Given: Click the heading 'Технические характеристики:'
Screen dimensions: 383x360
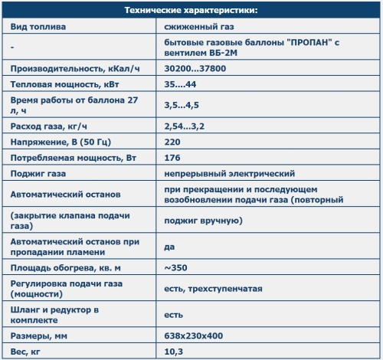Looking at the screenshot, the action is (x=191, y=10).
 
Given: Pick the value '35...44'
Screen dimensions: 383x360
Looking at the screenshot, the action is (x=180, y=83).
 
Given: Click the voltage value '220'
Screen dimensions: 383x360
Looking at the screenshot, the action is (x=172, y=142).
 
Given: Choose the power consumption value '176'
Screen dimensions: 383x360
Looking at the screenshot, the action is (x=172, y=158).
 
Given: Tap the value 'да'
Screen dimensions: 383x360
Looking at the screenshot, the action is (x=169, y=247).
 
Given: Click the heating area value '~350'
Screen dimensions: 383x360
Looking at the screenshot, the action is (x=175, y=268).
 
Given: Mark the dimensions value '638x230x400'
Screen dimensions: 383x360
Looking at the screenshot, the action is (x=195, y=336).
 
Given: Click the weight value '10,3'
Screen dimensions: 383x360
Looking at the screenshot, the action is (x=174, y=352).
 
